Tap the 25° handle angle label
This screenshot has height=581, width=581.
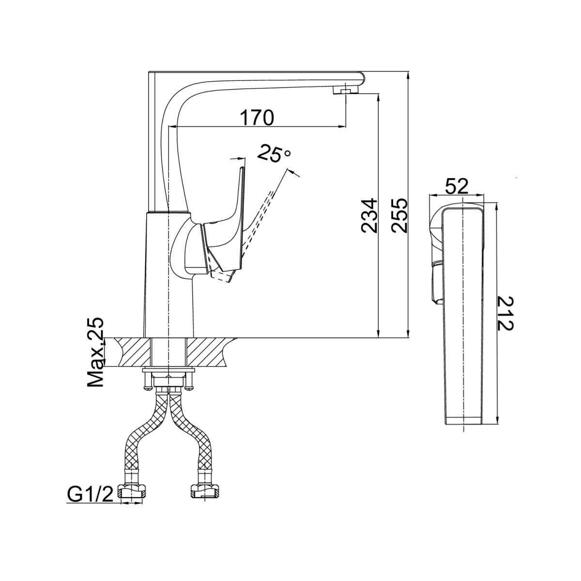pos(274,153)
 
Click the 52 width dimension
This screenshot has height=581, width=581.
pos(457,186)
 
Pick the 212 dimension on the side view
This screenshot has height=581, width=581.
pos(505,314)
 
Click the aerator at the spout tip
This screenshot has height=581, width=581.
pos(346,90)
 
